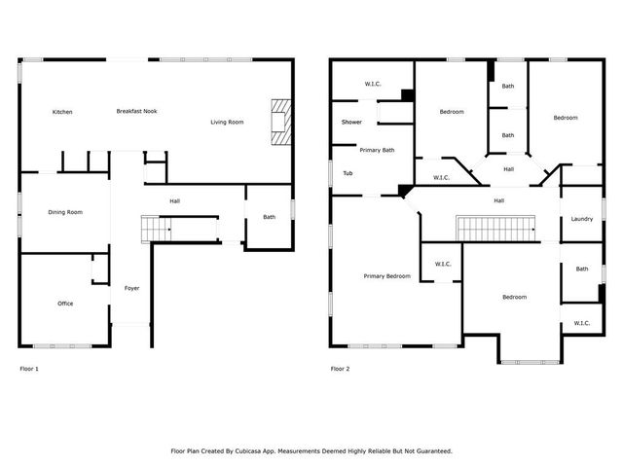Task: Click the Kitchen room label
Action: click(x=62, y=112)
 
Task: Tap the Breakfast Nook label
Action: click(x=137, y=111)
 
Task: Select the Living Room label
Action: click(x=228, y=122)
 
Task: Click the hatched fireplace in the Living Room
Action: click(x=281, y=122)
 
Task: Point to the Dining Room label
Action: click(x=65, y=212)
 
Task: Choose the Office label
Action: click(x=65, y=304)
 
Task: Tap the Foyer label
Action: click(x=131, y=288)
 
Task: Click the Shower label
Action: click(x=351, y=123)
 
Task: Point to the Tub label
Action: click(x=348, y=173)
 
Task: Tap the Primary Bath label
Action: click(x=377, y=150)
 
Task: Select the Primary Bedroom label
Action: click(x=387, y=276)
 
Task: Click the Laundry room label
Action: click(x=582, y=219)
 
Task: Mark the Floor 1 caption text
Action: click(x=30, y=369)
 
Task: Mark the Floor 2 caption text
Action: click(x=340, y=369)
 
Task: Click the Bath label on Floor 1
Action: click(x=269, y=217)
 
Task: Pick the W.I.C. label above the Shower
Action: click(x=373, y=84)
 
